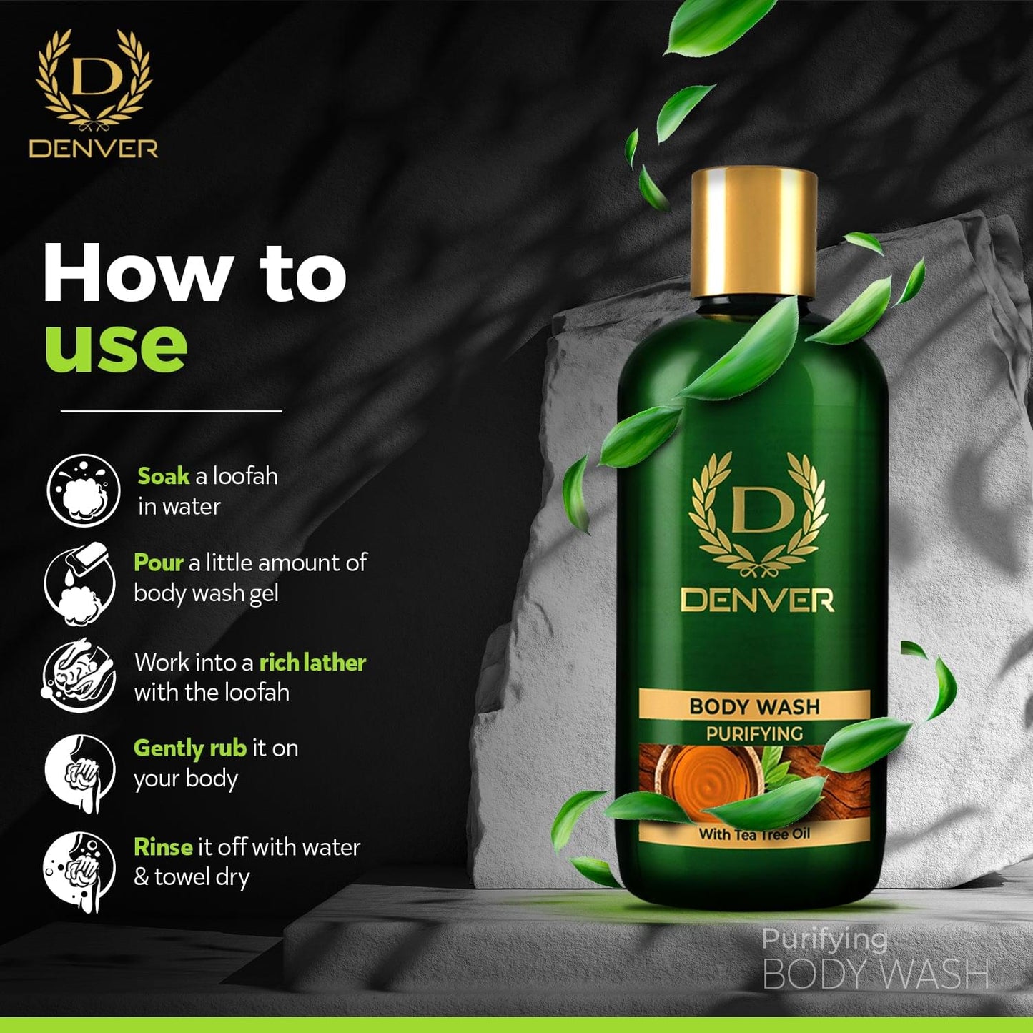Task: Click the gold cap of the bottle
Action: click(753, 233)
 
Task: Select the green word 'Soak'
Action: click(164, 476)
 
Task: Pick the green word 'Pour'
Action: click(159, 563)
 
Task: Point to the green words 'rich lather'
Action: click(312, 663)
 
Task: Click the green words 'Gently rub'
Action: click(189, 749)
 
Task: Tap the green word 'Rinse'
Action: click(163, 847)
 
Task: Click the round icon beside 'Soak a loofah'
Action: click(83, 490)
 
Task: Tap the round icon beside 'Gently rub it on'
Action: click(80, 772)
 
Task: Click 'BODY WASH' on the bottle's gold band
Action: click(755, 706)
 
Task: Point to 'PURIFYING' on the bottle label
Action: click(755, 733)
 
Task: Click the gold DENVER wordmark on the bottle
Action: click(758, 600)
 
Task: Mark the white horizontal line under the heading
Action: click(172, 411)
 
